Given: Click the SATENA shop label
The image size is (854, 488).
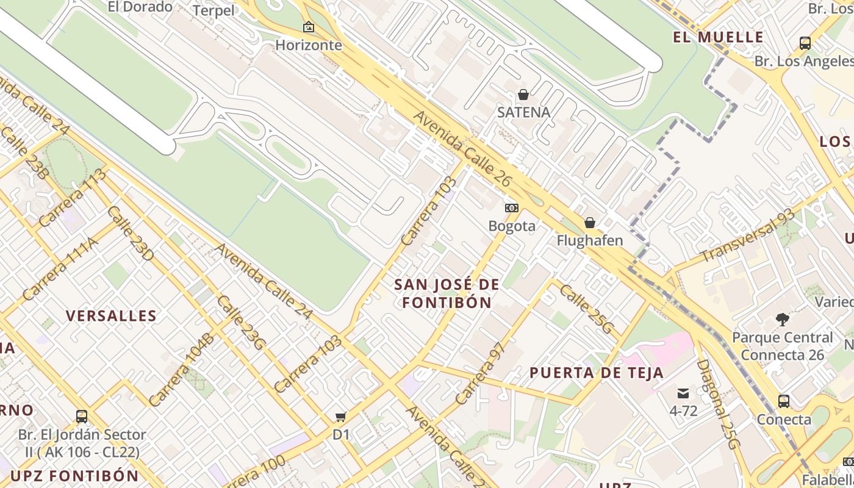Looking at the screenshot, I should click(x=523, y=112).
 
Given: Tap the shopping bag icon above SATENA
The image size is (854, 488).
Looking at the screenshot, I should click(x=523, y=95).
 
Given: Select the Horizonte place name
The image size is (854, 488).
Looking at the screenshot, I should click(x=309, y=45).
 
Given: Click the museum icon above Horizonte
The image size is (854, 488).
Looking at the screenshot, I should click(x=309, y=27).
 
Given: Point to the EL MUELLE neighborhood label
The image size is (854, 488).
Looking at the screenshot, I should click(x=718, y=37).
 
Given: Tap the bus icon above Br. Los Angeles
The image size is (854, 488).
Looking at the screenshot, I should click(x=805, y=43).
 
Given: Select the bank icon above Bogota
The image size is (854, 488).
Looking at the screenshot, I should click(x=512, y=208).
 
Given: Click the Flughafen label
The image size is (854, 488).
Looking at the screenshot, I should click(x=590, y=240).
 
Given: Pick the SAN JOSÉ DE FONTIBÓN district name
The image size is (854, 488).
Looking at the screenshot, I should click(x=447, y=293).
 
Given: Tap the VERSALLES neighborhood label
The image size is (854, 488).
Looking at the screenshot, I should click(x=111, y=316).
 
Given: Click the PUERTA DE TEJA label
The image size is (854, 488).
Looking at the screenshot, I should click(x=596, y=373).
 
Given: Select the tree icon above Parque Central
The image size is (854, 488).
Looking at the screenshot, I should click(x=782, y=319).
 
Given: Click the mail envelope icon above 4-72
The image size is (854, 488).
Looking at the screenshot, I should click(x=683, y=393).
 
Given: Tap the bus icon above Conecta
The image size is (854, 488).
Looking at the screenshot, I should click(x=784, y=401).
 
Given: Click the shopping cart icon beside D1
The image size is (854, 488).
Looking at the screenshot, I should click(x=341, y=417).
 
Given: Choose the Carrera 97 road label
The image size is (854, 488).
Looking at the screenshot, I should click(x=481, y=373).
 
